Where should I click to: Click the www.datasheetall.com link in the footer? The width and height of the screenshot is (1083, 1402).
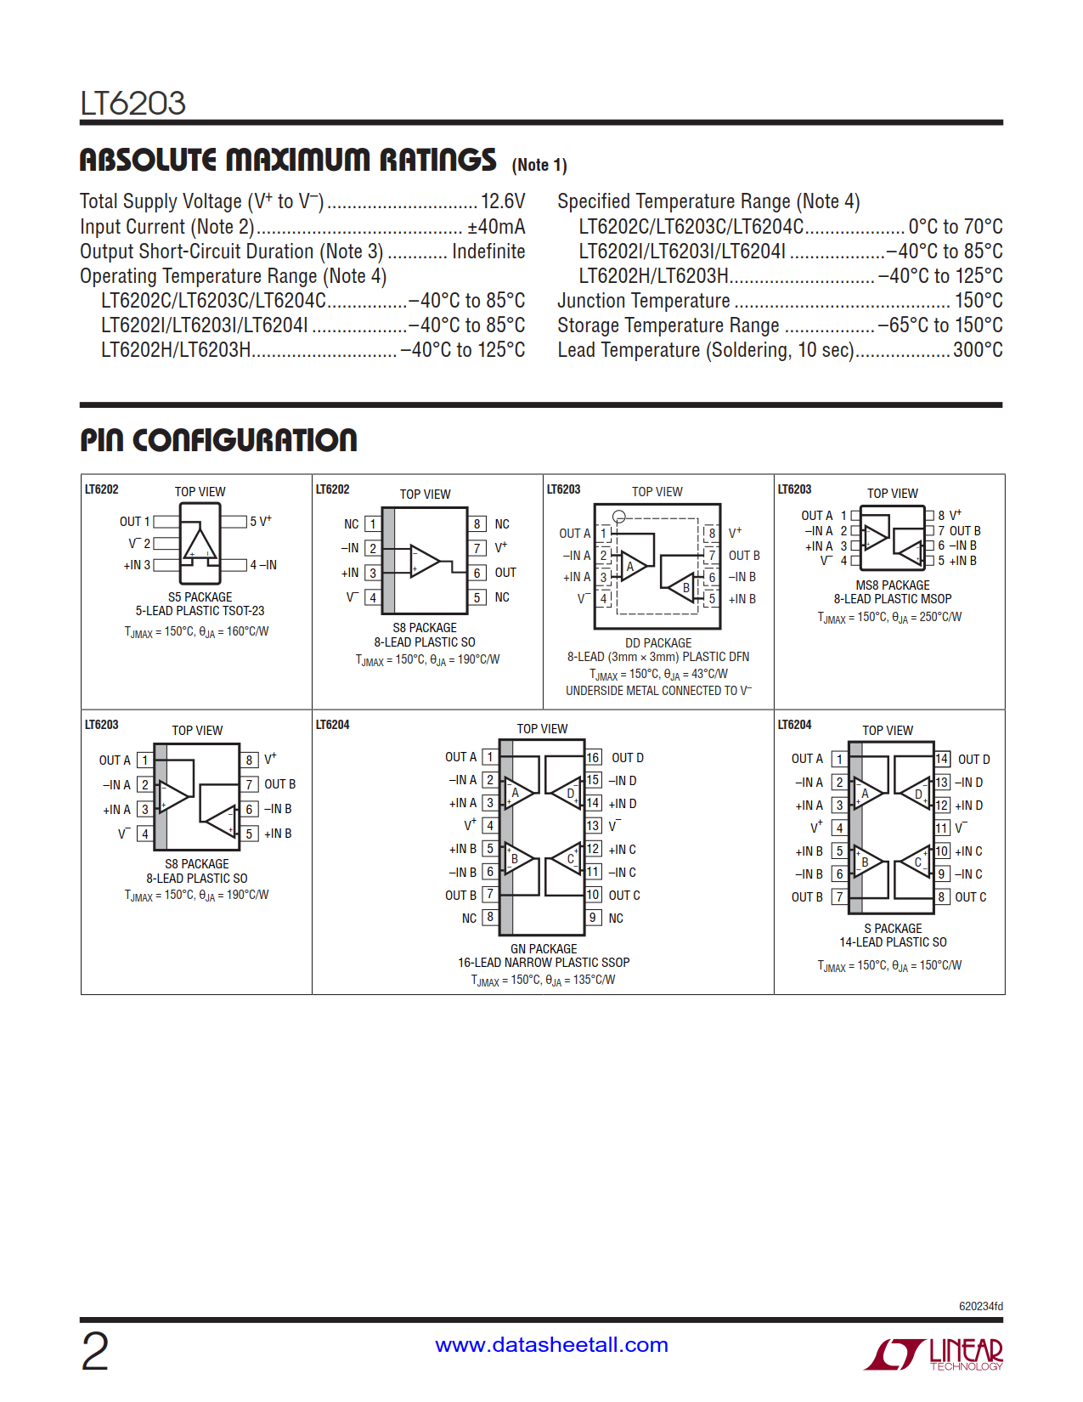551,1345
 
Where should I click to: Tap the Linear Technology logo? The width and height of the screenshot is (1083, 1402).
934,1354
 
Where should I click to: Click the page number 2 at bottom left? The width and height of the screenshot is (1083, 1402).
95,1351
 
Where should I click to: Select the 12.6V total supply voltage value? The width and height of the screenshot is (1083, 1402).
503,201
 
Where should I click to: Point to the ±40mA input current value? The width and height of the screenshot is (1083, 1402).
496,227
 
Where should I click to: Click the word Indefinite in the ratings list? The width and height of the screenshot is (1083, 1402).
488,252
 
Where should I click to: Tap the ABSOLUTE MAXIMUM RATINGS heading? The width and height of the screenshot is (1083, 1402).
288,160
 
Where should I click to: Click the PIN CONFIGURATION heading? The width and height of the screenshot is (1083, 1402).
218,440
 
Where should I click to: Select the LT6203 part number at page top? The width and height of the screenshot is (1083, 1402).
133,104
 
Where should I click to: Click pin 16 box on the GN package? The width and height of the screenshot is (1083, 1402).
593,757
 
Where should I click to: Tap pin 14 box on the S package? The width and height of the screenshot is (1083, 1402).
942,759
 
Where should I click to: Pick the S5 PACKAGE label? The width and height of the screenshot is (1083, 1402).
200,597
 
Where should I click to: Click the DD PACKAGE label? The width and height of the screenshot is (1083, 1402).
658,643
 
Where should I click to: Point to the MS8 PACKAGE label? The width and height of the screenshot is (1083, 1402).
893,585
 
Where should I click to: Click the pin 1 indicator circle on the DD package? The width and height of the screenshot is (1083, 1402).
619,517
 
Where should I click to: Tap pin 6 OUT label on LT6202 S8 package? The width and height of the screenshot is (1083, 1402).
505,573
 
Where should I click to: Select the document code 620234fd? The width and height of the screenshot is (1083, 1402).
980,1306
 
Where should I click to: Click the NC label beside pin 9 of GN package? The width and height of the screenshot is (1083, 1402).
616,919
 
